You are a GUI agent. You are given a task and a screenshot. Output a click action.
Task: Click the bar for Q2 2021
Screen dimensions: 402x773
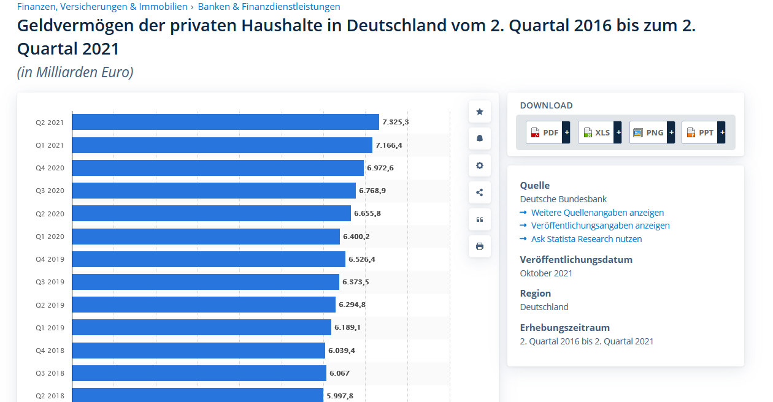tap(225, 122)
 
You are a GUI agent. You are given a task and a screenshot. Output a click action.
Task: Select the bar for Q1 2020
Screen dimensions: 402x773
tap(206, 237)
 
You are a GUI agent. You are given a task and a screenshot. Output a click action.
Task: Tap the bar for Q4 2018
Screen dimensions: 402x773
tap(198, 351)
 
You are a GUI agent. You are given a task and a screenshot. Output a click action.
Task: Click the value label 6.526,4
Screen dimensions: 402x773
tap(362, 259)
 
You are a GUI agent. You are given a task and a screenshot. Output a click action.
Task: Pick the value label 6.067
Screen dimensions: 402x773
tap(339, 373)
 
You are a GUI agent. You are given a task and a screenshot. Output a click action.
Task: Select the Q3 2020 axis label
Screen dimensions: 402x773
tap(50, 191)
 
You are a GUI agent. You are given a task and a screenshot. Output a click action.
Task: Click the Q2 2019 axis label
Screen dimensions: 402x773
tap(50, 305)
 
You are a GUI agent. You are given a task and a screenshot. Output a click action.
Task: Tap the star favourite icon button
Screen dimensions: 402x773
tap(480, 112)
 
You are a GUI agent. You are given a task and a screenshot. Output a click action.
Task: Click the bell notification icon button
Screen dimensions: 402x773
tap(480, 138)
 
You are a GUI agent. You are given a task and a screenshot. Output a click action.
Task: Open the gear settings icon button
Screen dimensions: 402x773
tap(480, 165)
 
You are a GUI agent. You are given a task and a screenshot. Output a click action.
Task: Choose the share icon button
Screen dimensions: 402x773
tap(480, 192)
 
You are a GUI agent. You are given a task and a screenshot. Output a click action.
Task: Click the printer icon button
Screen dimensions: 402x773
tap(480, 246)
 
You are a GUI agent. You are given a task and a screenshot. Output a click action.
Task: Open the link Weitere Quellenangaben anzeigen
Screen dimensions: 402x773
tap(598, 213)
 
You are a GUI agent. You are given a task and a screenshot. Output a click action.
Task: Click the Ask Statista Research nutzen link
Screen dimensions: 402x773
tap(586, 239)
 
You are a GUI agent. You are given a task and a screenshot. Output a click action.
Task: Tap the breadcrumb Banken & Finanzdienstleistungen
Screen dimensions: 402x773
tap(269, 7)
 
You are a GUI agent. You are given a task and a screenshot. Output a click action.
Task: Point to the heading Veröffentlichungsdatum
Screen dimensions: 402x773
tap(576, 259)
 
